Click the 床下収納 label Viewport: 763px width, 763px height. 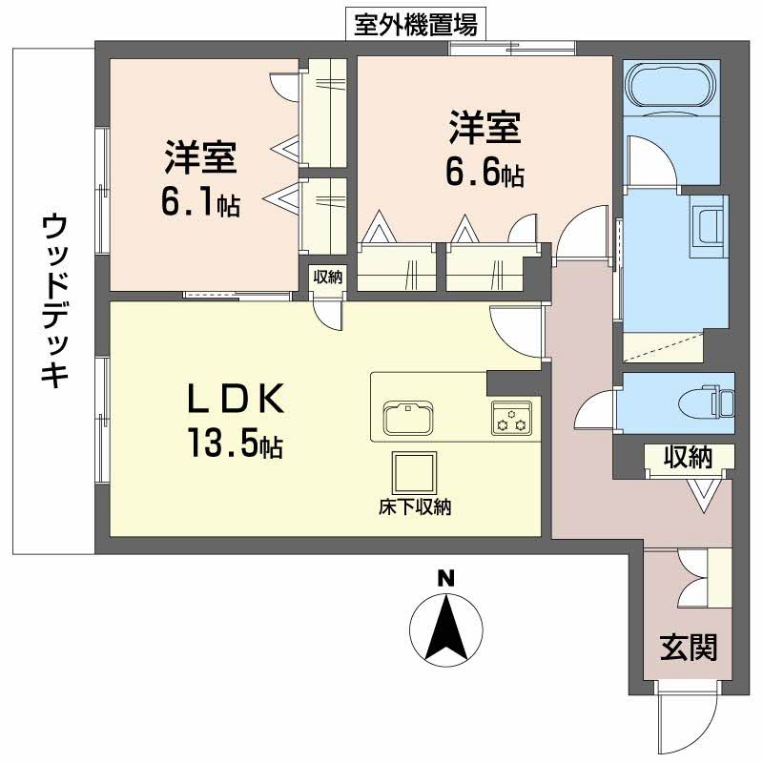[x=415, y=507]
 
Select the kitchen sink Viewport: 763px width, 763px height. [x=408, y=417]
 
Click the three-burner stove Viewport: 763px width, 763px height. [x=511, y=417]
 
